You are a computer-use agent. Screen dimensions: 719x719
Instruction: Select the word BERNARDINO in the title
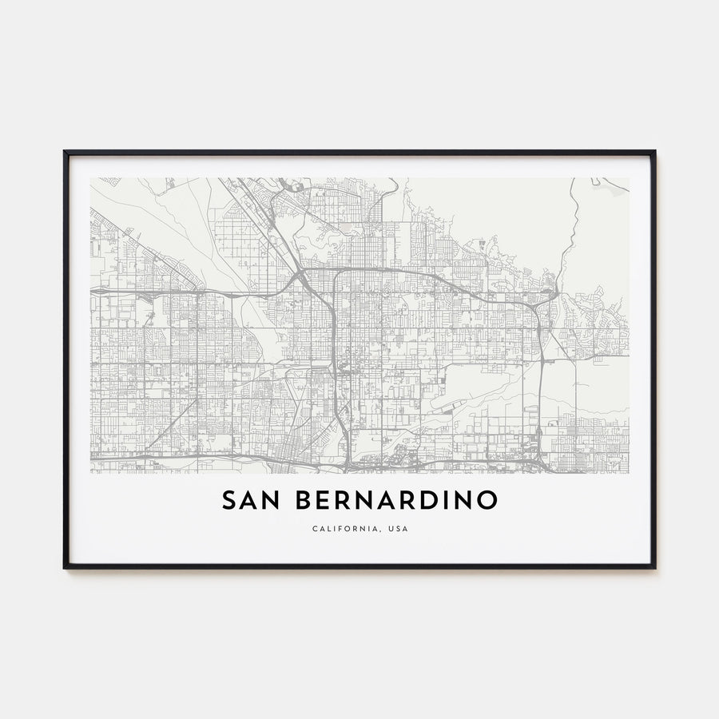pos(397,501)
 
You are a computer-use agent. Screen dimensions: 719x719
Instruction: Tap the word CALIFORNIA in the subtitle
pos(339,528)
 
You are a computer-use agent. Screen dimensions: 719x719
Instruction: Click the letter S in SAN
pos(228,501)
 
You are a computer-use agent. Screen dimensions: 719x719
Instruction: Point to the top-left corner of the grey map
pos(91,178)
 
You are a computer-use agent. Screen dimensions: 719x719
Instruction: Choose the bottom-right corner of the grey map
pos(628,473)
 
